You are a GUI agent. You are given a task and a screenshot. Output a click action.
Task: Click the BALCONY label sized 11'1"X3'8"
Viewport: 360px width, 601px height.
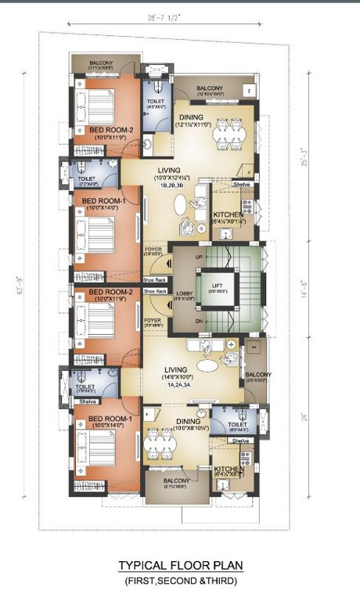pyautogui.click(x=102, y=63)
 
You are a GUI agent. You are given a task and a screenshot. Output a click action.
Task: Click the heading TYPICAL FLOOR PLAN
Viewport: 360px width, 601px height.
pyautogui.click(x=179, y=565)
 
